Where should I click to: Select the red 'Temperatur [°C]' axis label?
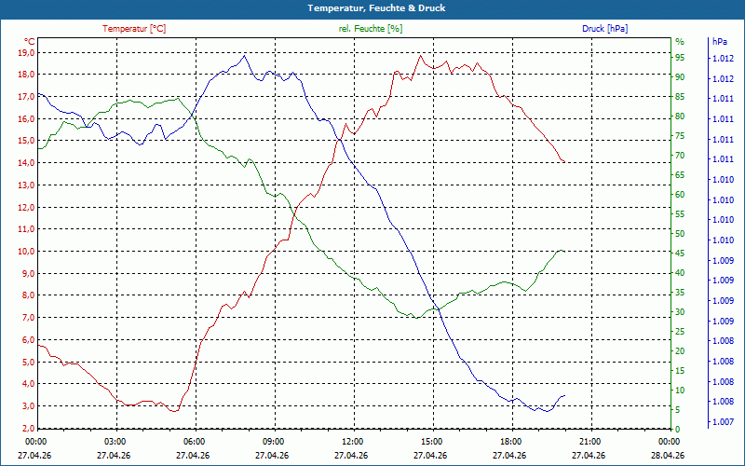pyautogui.click(x=134, y=29)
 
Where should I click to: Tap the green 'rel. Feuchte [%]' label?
pyautogui.click(x=371, y=29)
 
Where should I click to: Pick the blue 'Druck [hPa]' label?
pyautogui.click(x=605, y=29)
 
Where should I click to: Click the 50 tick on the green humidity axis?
pyautogui.click(x=680, y=234)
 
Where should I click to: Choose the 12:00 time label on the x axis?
pyautogui.click(x=352, y=441)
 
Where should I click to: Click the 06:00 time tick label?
pyautogui.click(x=194, y=441)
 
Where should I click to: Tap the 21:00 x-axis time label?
pyautogui.click(x=589, y=441)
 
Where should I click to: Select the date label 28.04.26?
pyautogui.click(x=669, y=455)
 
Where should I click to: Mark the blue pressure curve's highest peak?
pyautogui.click(x=244, y=55)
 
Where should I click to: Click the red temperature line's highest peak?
pyautogui.click(x=420, y=55)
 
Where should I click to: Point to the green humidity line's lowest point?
pyautogui.click(x=415, y=318)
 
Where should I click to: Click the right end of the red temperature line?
pyautogui.click(x=564, y=162)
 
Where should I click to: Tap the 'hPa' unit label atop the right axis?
pyautogui.click(x=719, y=42)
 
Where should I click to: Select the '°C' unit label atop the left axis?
pyautogui.click(x=30, y=42)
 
